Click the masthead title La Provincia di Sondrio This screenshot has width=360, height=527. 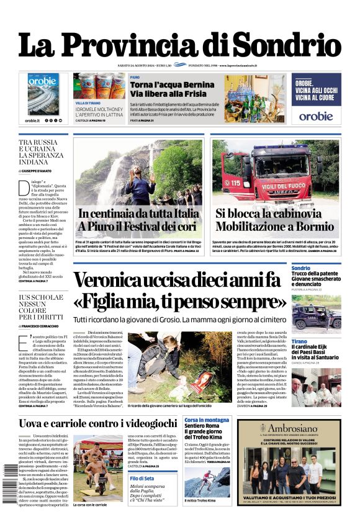pos(179,45)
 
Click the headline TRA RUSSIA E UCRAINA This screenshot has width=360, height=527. pos(43,151)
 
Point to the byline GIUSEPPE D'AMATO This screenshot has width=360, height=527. pos(42,170)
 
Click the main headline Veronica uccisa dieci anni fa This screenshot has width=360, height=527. pos(178,280)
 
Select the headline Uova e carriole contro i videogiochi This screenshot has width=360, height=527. pos(97,424)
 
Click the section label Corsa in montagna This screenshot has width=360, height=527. pos(207,420)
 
